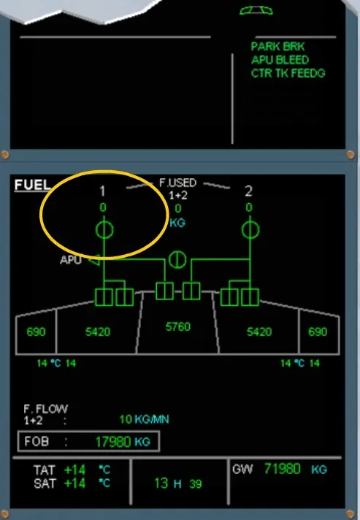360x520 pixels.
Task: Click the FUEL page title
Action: pyautogui.click(x=32, y=185)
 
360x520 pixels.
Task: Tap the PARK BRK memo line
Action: pyautogui.click(x=277, y=47)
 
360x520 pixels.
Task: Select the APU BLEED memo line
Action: pyautogui.click(x=280, y=60)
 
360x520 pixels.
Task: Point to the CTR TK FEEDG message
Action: pyautogui.click(x=288, y=73)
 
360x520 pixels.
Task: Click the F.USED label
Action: pyautogui.click(x=177, y=183)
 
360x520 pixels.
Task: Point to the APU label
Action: pyautogui.click(x=71, y=260)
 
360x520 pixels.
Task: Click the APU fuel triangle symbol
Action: pyautogui.click(x=94, y=260)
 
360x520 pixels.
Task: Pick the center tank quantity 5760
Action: pyautogui.click(x=178, y=326)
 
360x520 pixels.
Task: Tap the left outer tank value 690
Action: pyautogui.click(x=36, y=332)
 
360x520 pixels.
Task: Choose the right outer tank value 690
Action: pyautogui.click(x=318, y=332)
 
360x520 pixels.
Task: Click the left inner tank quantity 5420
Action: pyautogui.click(x=98, y=332)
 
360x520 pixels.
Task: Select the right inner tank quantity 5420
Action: pyautogui.click(x=259, y=332)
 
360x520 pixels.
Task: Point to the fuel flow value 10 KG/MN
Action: pyautogui.click(x=144, y=419)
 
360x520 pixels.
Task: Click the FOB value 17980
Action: pyautogui.click(x=113, y=442)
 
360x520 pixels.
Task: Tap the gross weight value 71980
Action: pyautogui.click(x=283, y=469)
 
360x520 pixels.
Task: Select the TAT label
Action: pyautogui.click(x=44, y=470)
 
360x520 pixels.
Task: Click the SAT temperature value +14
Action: pyautogui.click(x=74, y=483)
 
